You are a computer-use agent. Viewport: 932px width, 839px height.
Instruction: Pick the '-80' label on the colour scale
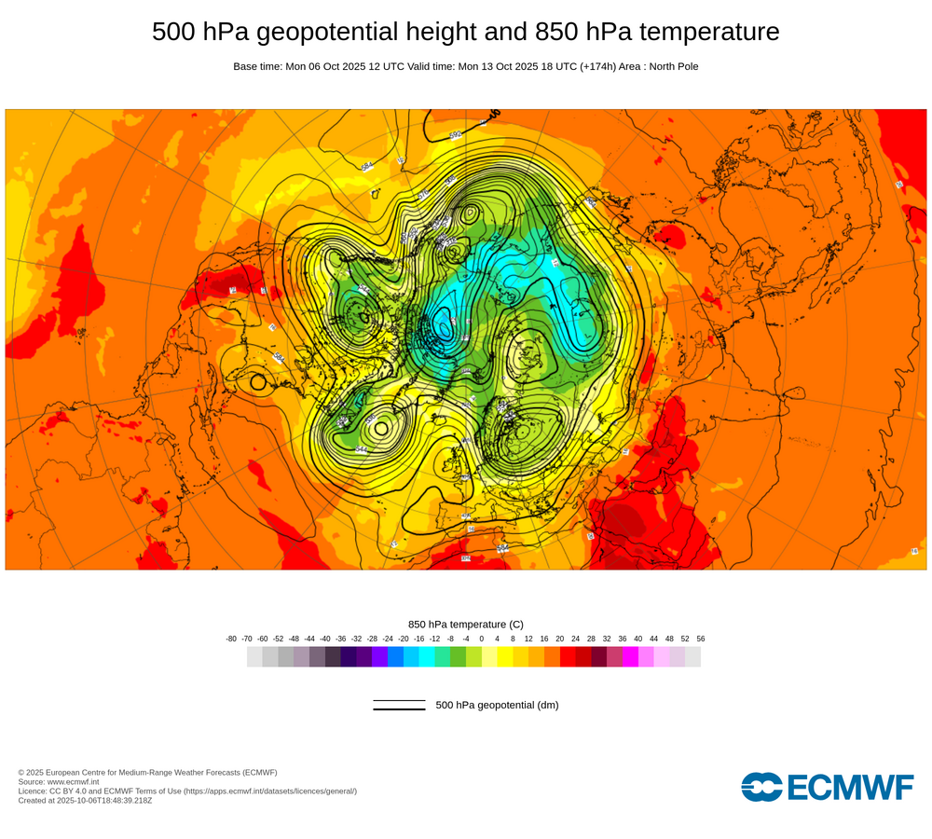pyautogui.click(x=231, y=639)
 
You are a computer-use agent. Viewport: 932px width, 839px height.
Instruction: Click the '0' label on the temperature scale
pyautogui.click(x=482, y=639)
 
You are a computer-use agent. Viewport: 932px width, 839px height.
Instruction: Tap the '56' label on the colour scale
pyautogui.click(x=701, y=639)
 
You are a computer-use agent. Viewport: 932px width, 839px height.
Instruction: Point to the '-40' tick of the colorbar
pyautogui.click(x=325, y=639)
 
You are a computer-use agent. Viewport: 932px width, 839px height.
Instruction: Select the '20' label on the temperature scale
pyautogui.click(x=560, y=639)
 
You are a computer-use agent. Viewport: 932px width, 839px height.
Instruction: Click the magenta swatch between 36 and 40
pyautogui.click(x=630, y=656)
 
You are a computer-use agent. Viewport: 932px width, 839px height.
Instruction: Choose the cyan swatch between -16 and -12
pyautogui.click(x=427, y=656)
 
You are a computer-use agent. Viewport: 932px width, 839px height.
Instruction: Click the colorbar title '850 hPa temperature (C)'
pyautogui.click(x=466, y=624)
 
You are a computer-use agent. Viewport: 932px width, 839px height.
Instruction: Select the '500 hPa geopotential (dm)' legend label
pyautogui.click(x=497, y=705)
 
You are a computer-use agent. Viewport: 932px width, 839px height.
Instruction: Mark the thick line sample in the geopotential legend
pyautogui.click(x=399, y=709)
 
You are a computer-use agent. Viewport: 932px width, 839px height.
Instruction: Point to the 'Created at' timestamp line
pyautogui.click(x=85, y=800)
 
